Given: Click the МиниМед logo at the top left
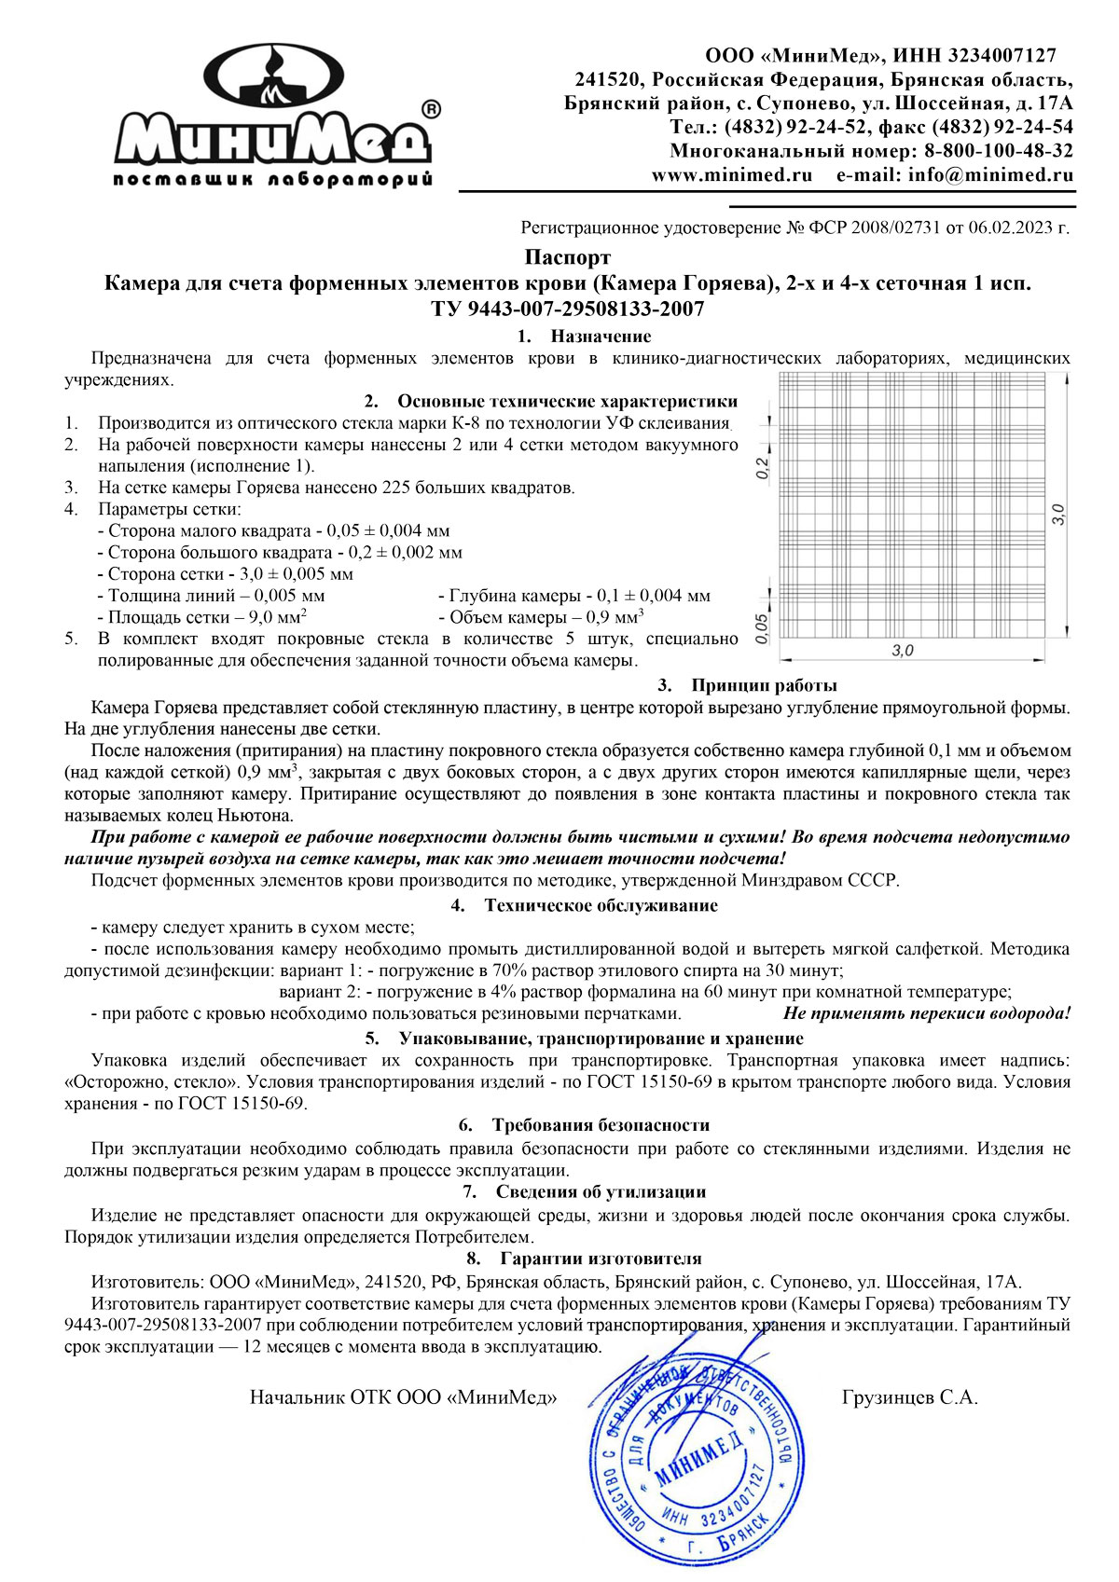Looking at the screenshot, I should pos(272,117).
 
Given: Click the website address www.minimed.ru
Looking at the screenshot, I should pos(731,175).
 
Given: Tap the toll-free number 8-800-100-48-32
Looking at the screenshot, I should pos(998,151).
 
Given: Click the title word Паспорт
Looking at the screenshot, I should pos(567,257).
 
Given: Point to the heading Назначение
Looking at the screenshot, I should pos(601,337).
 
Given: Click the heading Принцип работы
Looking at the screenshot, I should pos(764,686).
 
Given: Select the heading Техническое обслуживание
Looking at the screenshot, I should pos(601,905).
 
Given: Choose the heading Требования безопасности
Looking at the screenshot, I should pos(601,1125).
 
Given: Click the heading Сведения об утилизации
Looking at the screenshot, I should pos(601,1191).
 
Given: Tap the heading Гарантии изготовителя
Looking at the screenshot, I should pos(601,1259).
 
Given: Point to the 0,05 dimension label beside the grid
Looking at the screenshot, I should pos(763,626).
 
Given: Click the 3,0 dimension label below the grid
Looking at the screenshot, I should pos(902,651).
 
